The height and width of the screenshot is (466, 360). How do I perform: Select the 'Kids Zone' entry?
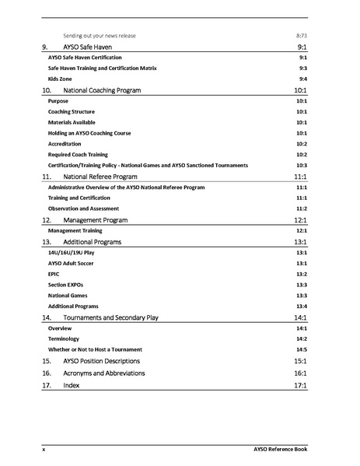point(60,79)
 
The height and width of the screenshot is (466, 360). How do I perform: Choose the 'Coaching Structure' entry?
point(72,112)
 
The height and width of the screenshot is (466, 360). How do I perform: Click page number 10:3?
point(301,166)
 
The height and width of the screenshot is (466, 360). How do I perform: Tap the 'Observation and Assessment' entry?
point(79,209)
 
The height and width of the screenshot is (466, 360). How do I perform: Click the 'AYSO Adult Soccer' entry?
point(72,264)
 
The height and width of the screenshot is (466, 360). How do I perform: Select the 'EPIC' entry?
point(54,275)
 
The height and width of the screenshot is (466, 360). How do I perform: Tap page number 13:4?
point(301,307)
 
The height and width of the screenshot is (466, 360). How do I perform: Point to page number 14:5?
point(301,350)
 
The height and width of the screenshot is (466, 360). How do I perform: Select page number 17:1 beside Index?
point(301,385)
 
